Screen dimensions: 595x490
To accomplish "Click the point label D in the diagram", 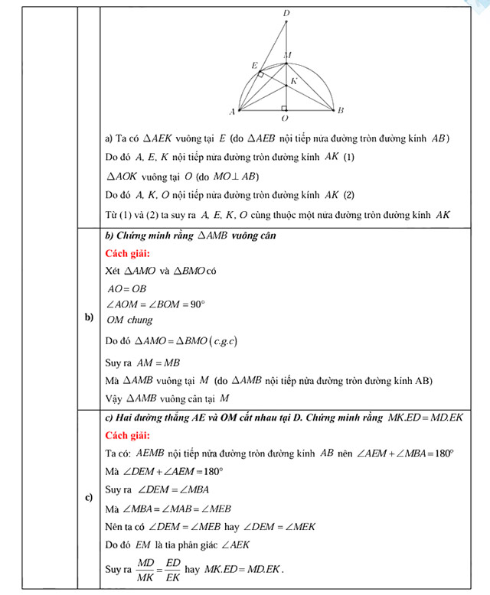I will click(x=286, y=13).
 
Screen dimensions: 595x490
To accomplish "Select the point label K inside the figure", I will click(x=293, y=80).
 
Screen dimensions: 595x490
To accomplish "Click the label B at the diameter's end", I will click(x=341, y=111).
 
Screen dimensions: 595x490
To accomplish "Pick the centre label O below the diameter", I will click(x=285, y=119).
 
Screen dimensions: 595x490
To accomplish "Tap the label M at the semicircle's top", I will click(x=287, y=54).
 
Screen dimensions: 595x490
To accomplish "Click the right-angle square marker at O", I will click(x=283, y=108).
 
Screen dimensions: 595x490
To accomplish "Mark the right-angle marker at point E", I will click(x=262, y=74).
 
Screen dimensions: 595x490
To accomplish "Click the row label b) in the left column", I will click(x=89, y=317).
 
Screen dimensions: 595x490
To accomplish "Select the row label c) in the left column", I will click(x=89, y=499).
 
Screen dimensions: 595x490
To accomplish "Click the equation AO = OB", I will click(x=126, y=288).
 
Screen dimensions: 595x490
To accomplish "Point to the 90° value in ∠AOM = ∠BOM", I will click(x=197, y=304).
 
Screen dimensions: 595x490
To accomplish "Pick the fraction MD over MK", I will click(x=142, y=569).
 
